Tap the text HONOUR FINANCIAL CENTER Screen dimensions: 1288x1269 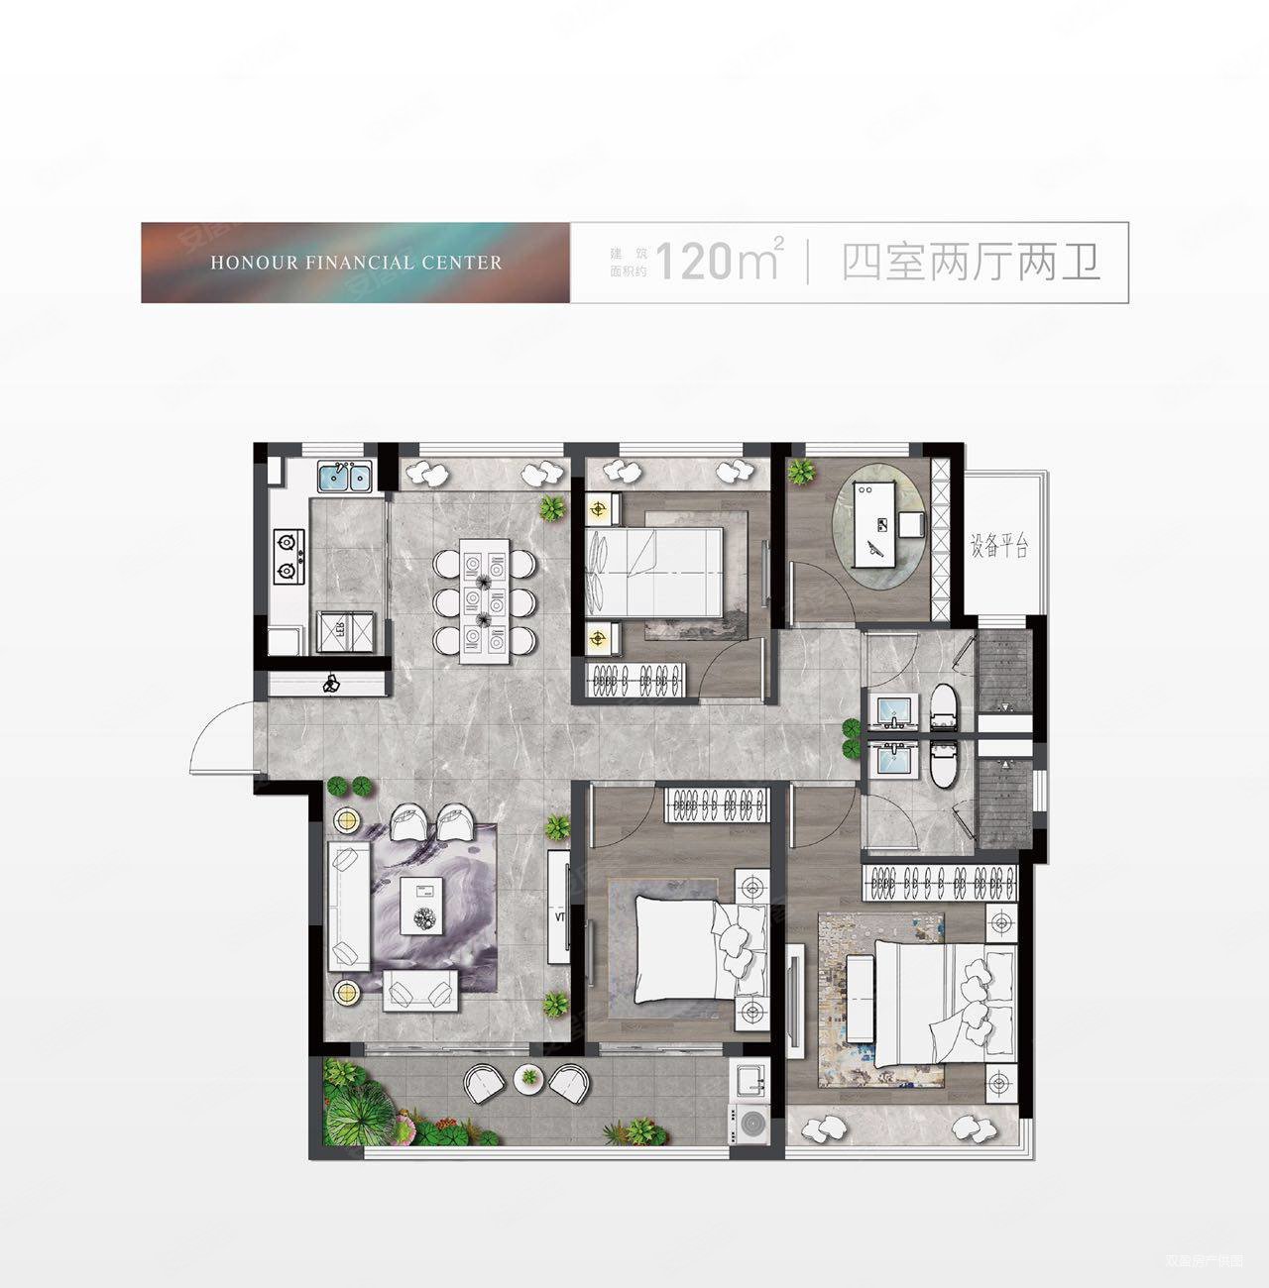click(356, 263)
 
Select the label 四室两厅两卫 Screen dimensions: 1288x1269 click(971, 263)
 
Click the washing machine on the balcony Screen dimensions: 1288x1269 click(747, 1123)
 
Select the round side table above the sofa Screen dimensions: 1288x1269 click(345, 820)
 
